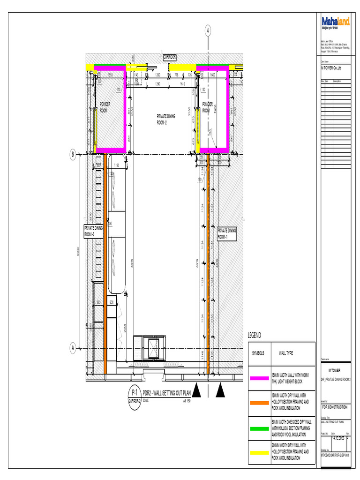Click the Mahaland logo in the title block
coord(335,23)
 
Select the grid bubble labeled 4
coord(208,30)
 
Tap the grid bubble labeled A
coord(73,348)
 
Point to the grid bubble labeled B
coord(73,154)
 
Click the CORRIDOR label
coord(169,57)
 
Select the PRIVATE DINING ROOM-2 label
coord(166,119)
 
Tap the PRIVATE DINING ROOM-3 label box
coord(93,231)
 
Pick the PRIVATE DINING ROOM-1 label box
coord(227,233)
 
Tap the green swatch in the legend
coord(260,428)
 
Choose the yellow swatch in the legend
coord(260,452)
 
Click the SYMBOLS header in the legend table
coord(258,353)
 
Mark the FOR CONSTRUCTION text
coord(335,407)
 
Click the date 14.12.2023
coord(338,438)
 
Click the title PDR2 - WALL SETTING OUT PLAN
coord(167,392)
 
